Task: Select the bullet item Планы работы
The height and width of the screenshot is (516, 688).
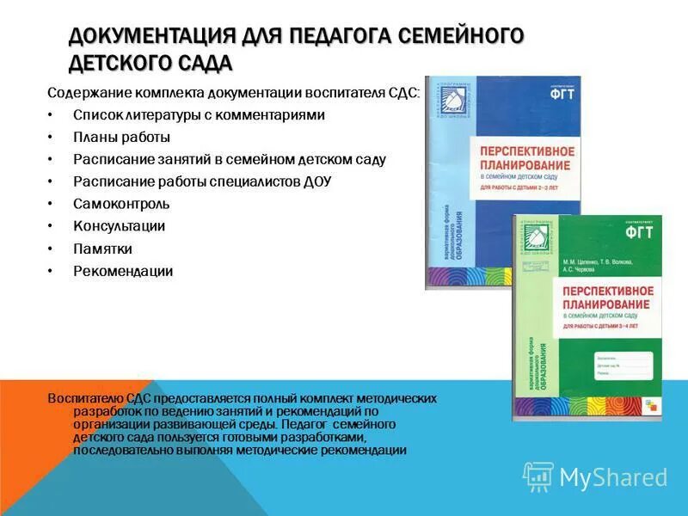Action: (x=121, y=137)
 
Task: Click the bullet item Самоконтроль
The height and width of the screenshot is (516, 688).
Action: (x=121, y=204)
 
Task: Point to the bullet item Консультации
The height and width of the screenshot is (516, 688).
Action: (x=119, y=226)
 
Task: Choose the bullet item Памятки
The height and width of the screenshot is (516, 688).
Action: (x=102, y=249)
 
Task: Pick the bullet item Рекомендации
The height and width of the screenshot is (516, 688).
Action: (x=123, y=271)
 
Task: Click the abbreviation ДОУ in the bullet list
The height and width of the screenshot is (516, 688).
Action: (x=315, y=181)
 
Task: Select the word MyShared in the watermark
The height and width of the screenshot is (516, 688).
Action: (x=613, y=477)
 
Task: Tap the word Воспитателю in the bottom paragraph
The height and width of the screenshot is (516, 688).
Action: (x=83, y=398)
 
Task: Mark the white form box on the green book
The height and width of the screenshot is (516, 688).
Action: (x=622, y=364)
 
